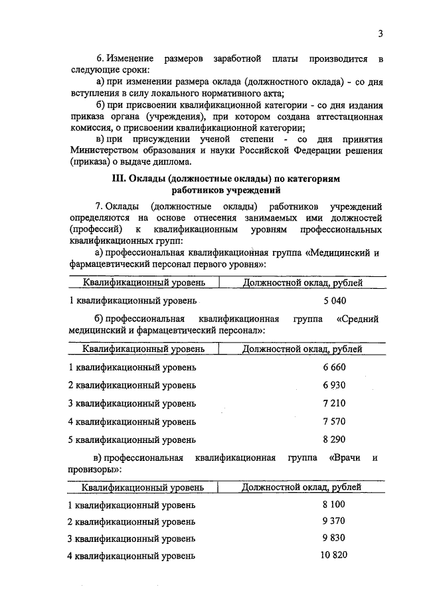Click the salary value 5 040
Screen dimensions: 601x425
click(x=335, y=301)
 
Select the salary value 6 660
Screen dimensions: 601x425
click(x=335, y=367)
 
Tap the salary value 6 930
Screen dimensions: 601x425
click(x=335, y=385)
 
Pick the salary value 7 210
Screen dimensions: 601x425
click(x=335, y=403)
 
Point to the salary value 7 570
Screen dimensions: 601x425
click(x=335, y=421)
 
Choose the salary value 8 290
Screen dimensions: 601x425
click(x=335, y=439)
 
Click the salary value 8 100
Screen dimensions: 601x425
click(x=335, y=505)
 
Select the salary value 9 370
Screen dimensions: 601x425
click(x=335, y=521)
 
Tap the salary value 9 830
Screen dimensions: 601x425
click(x=335, y=538)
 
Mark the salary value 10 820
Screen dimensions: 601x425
click(x=334, y=555)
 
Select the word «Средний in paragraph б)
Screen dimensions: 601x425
click(x=357, y=319)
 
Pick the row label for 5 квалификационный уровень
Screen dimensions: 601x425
click(x=133, y=439)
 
